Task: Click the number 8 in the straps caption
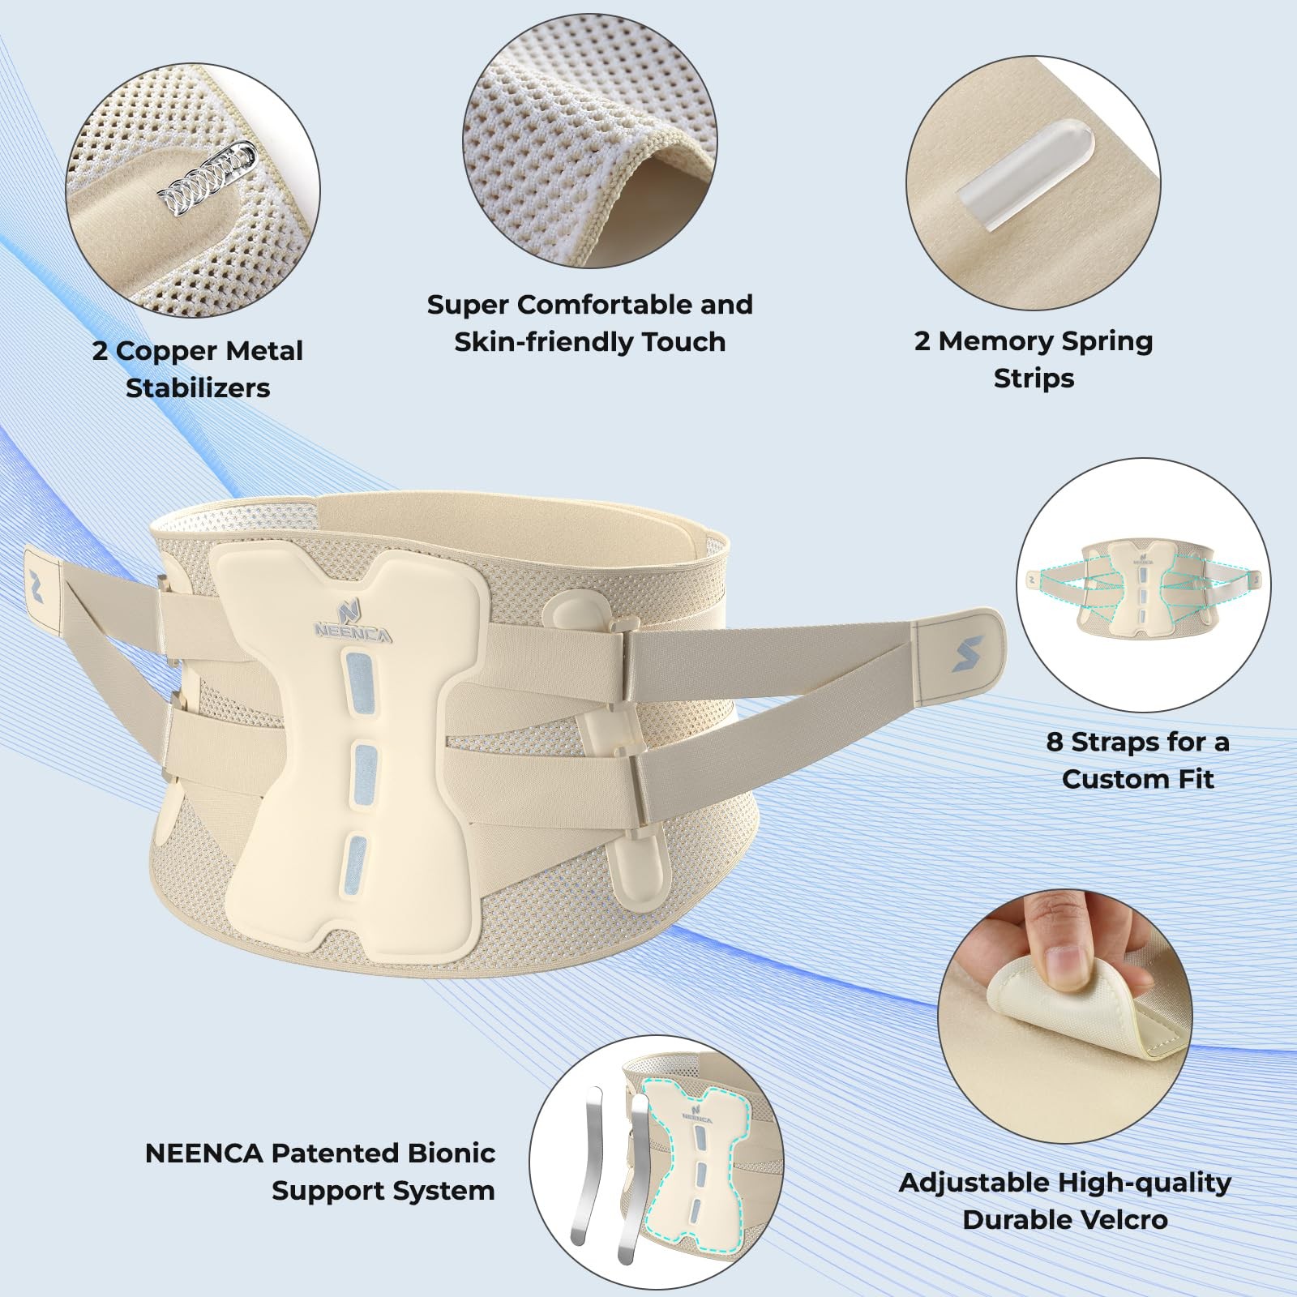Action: pos(1054,742)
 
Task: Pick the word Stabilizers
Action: pos(198,388)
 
